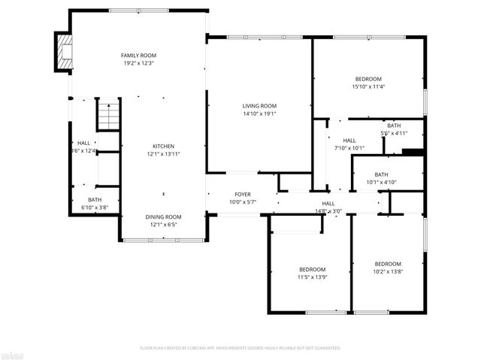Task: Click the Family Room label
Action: click(x=138, y=56)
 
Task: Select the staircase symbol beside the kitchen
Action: click(x=108, y=116)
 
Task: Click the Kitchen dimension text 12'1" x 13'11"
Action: click(x=164, y=154)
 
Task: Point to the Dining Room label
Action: click(x=163, y=216)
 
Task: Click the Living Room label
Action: click(x=259, y=106)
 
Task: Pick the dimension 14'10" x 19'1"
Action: click(x=259, y=114)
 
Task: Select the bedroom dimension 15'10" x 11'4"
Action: click(x=368, y=86)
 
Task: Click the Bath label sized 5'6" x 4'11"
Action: click(x=394, y=126)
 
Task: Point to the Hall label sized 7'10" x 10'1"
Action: click(x=349, y=141)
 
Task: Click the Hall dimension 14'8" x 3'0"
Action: click(x=328, y=211)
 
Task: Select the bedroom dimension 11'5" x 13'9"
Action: click(x=312, y=277)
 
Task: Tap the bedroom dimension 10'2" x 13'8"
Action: click(x=388, y=272)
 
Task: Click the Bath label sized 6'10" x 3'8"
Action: click(x=95, y=200)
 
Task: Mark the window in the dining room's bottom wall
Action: click(x=163, y=240)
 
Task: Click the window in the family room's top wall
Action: click(x=138, y=11)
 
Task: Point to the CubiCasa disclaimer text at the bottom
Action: click(x=240, y=348)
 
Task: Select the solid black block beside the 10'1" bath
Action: click(x=413, y=153)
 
